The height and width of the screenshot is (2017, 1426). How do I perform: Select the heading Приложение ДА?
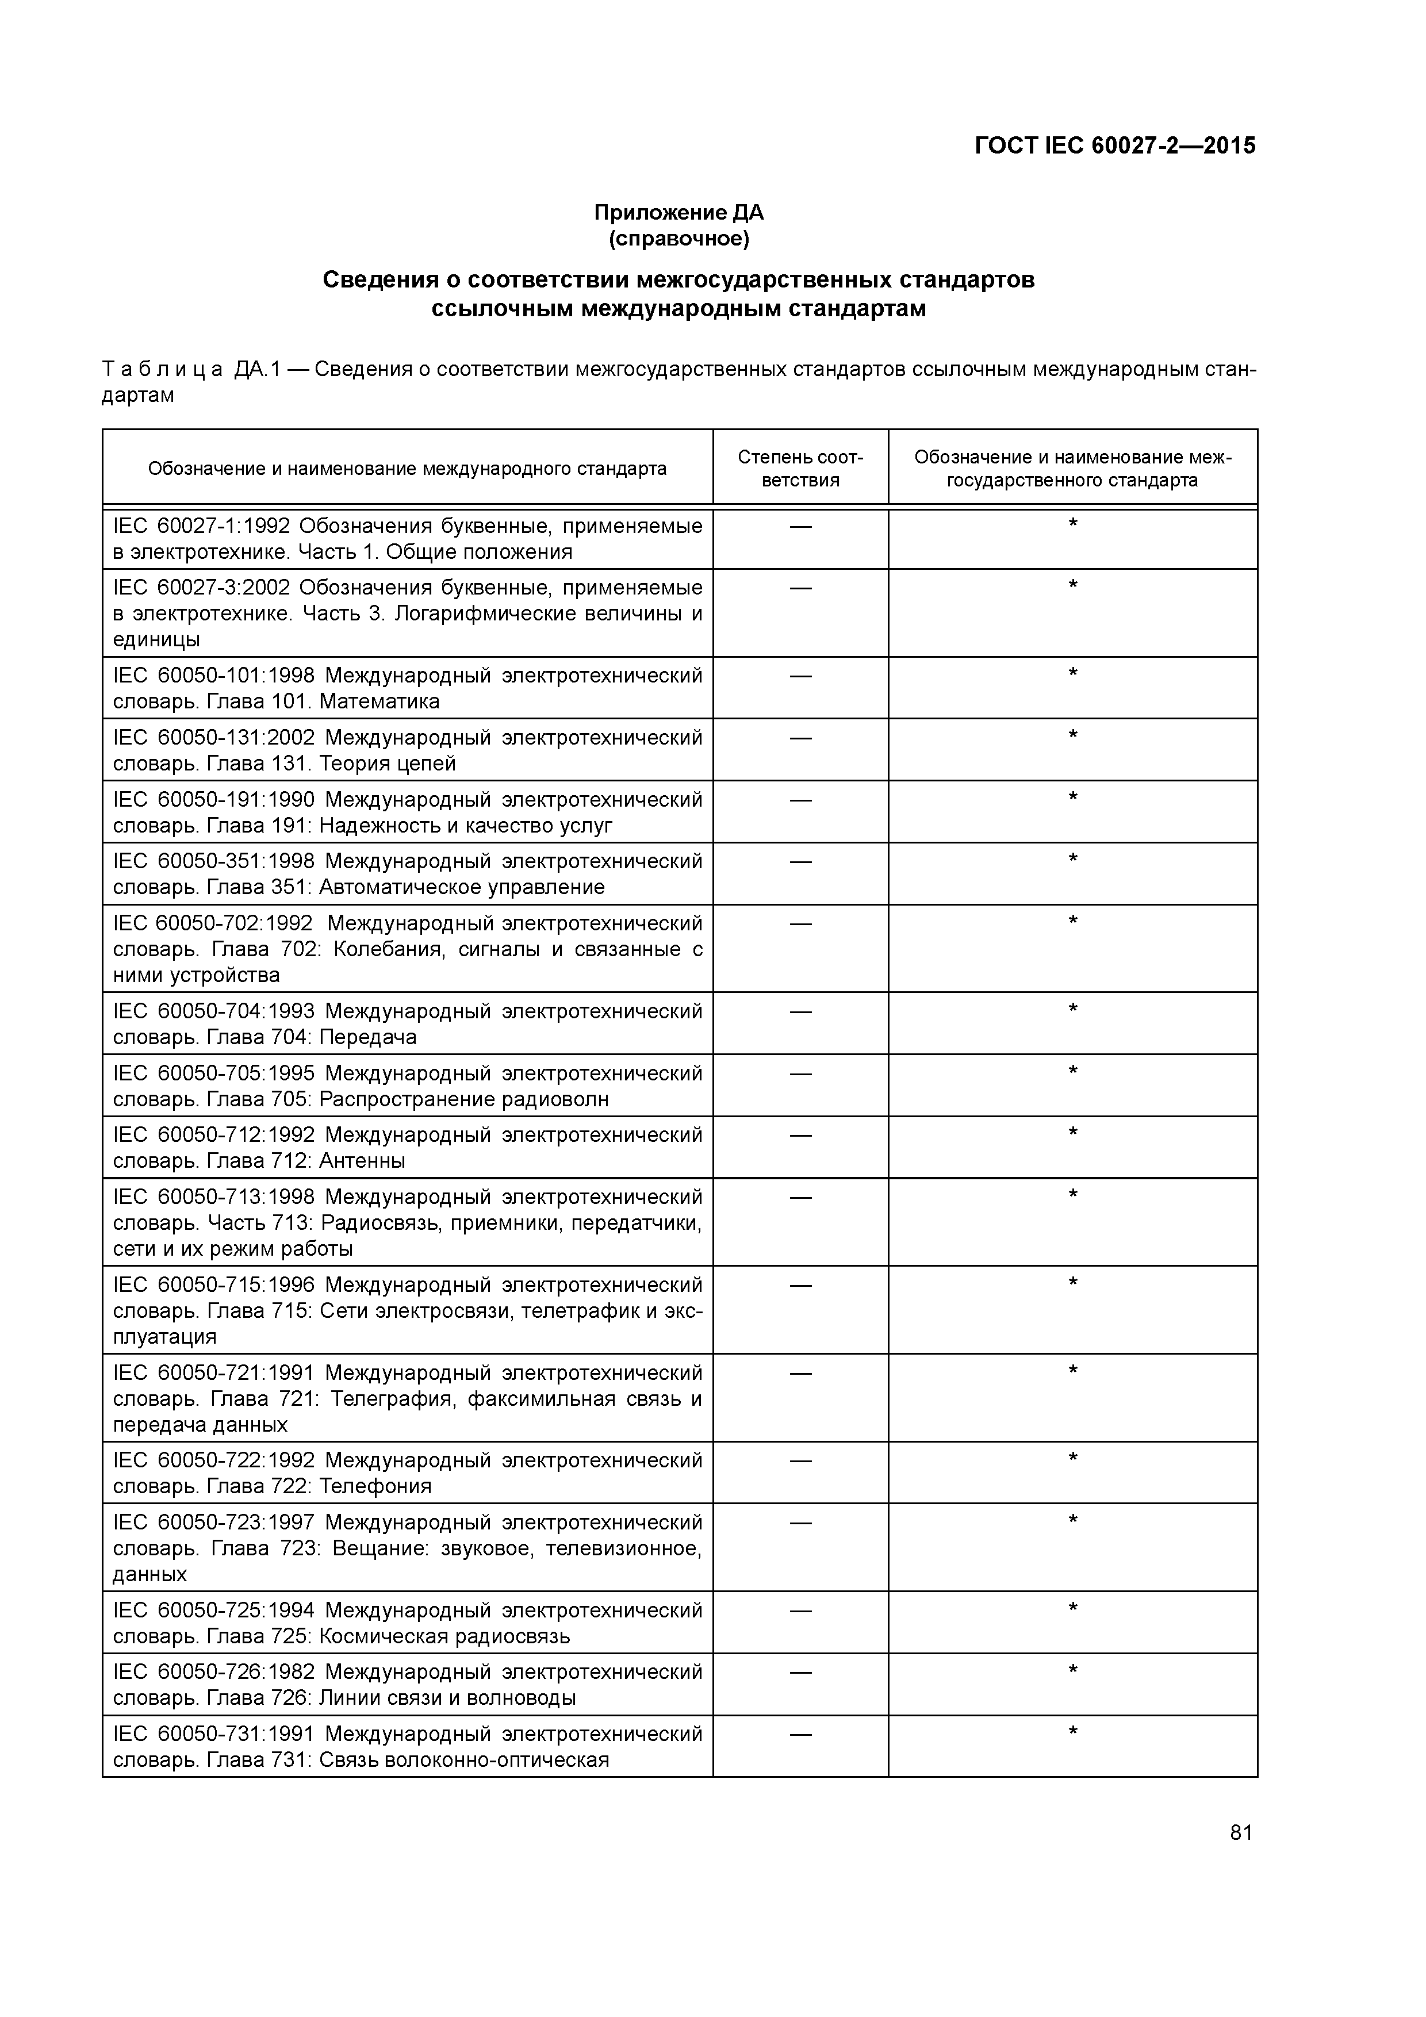678,213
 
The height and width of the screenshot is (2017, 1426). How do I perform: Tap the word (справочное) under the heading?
678,239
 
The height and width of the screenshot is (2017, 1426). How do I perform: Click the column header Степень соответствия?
800,468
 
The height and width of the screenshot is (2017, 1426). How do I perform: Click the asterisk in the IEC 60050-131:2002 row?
1072,736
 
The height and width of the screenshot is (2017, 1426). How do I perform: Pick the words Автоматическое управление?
462,887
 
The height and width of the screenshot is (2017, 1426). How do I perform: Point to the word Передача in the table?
367,1037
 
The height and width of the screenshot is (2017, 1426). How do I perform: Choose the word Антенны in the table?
362,1161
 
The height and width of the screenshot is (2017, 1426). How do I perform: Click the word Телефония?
375,1486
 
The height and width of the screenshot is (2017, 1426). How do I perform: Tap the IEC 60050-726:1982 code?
213,1672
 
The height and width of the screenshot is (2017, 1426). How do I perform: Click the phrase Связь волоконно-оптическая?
464,1759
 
